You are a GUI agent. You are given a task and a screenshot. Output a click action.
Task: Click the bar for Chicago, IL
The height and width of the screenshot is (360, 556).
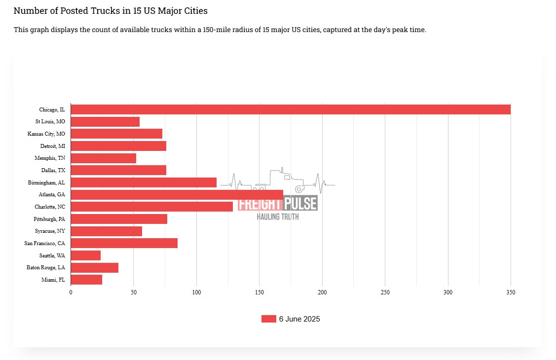[x=291, y=109]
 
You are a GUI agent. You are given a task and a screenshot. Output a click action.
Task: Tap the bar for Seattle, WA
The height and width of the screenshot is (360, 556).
[x=86, y=255]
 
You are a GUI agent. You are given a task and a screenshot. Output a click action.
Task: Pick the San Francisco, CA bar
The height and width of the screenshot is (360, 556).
[x=124, y=243]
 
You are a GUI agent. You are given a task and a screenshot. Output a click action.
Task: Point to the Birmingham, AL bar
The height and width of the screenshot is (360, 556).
[x=144, y=182]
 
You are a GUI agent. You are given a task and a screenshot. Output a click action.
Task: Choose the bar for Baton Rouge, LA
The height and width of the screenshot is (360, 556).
[x=95, y=268]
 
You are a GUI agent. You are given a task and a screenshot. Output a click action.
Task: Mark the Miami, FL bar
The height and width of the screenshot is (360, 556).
[x=86, y=280]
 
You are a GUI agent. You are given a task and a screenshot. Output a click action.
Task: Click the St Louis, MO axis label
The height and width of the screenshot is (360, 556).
[x=50, y=121]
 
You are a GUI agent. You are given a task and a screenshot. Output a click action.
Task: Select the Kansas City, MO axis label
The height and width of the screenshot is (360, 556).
[x=46, y=134]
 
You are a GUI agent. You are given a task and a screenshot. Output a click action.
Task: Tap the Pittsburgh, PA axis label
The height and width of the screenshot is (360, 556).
[x=49, y=219]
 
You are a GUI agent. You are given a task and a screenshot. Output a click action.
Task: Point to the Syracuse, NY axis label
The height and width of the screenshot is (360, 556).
[x=50, y=231]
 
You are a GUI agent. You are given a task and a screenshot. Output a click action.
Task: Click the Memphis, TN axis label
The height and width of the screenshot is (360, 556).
[x=50, y=158]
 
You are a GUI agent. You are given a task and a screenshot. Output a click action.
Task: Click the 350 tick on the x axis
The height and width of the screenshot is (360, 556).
[x=511, y=292]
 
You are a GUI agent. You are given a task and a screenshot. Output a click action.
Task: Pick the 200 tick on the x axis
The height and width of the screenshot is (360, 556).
[x=322, y=292]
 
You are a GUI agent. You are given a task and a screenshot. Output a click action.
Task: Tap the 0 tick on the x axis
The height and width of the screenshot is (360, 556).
[x=71, y=292]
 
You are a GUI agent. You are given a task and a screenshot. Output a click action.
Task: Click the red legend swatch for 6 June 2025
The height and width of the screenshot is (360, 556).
[x=268, y=319]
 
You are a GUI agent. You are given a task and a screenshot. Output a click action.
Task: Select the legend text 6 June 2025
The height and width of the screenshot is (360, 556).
[x=299, y=319]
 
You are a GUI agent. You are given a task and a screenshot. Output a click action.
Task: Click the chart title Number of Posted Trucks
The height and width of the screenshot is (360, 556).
[x=111, y=10]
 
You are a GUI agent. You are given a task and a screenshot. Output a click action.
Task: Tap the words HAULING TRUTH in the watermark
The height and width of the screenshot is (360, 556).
[x=278, y=216]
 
